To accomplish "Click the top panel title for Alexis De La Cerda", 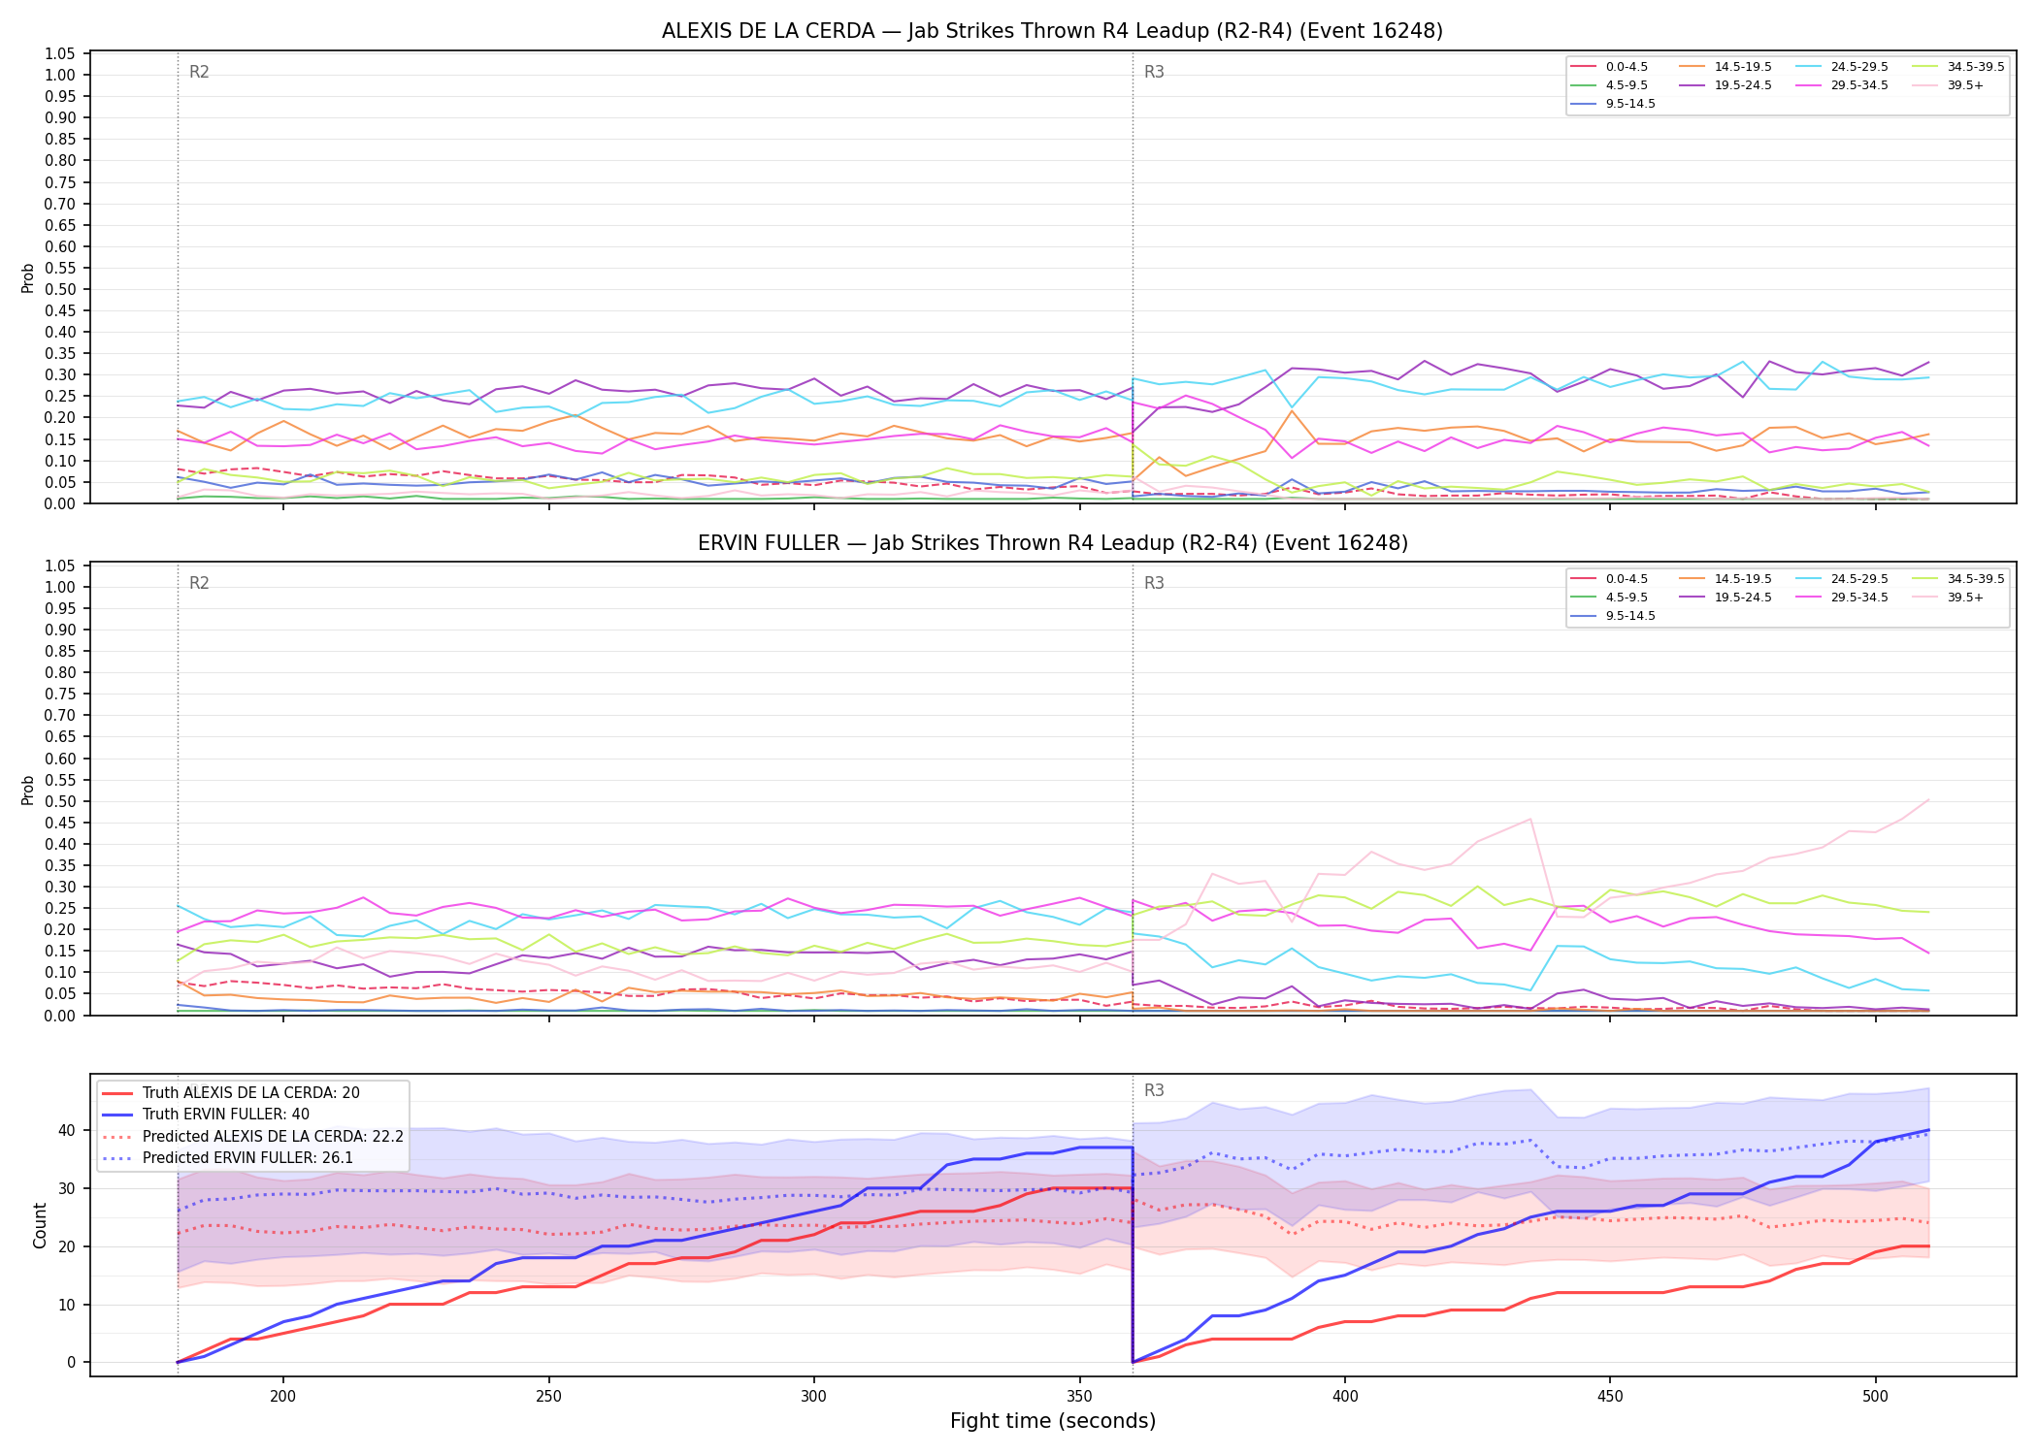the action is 1052,31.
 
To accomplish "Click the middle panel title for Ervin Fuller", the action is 1052,543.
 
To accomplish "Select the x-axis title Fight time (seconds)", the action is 1053,1421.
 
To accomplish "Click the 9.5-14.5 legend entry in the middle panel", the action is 1613,616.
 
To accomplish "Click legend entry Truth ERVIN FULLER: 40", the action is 226,1115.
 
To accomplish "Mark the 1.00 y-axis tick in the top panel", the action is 61,75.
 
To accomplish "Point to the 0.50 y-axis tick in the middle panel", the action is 61,801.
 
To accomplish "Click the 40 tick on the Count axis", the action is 68,1130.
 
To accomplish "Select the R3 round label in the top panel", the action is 1154,72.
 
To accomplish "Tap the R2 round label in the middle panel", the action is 199,583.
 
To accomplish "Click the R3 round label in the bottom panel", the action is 1154,1090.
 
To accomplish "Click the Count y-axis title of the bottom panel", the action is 40,1225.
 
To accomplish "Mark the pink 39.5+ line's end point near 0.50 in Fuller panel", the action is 1927,800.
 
